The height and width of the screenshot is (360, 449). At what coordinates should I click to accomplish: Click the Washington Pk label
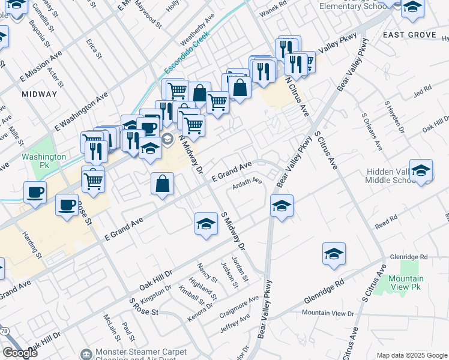tap(44, 160)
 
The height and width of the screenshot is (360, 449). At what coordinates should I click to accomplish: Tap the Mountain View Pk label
tap(405, 283)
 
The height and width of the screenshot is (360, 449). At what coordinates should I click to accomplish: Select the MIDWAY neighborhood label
tap(39, 94)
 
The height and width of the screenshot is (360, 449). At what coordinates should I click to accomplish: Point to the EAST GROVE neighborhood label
tap(409, 35)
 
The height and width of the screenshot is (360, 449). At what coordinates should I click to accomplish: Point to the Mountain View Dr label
tap(328, 313)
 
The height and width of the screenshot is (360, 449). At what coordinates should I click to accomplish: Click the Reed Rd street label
tap(386, 221)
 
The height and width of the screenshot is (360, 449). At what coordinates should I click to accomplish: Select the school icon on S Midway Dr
tap(206, 224)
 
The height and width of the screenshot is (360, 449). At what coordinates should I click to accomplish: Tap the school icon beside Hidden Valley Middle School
tap(421, 170)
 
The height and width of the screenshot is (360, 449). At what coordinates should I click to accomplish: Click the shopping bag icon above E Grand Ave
tap(162, 184)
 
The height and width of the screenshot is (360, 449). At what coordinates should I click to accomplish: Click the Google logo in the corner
tap(20, 353)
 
